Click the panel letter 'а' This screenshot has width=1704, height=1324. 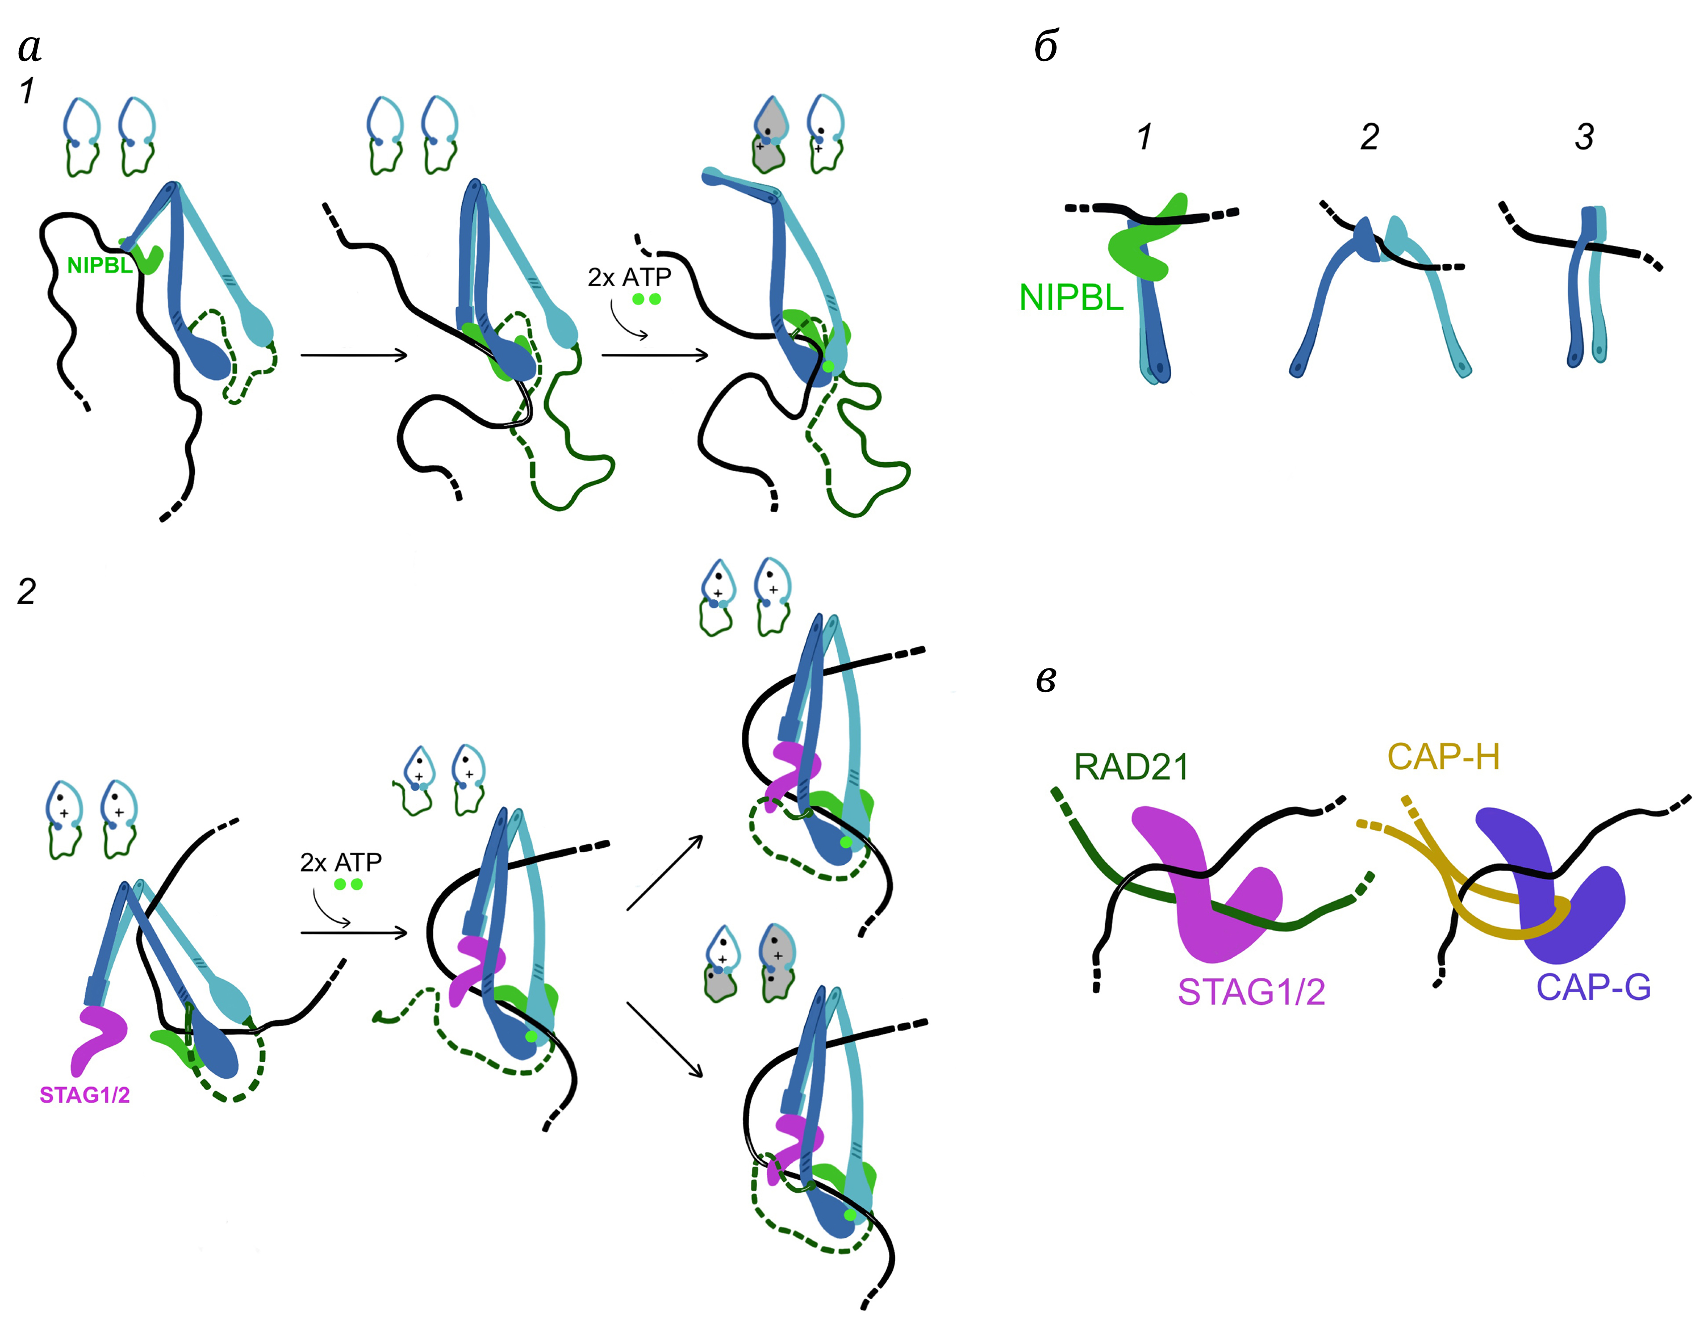pyautogui.click(x=30, y=48)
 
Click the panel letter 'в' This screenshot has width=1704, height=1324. pyautogui.click(x=1046, y=680)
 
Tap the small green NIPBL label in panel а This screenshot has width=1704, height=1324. pyautogui.click(x=99, y=266)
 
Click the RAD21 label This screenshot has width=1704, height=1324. pyautogui.click(x=1131, y=767)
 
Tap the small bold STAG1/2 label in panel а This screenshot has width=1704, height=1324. pyautogui.click(x=84, y=1096)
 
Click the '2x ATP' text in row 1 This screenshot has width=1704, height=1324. pyautogui.click(x=629, y=278)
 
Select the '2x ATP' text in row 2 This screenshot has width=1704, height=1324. pyautogui.click(x=341, y=862)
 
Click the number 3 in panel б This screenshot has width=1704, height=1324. pyautogui.click(x=1584, y=137)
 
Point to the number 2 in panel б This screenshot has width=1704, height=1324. pyautogui.click(x=1369, y=137)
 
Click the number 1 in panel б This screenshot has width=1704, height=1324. pyautogui.click(x=1144, y=137)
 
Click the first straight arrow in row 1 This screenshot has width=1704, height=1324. pyautogui.click(x=354, y=355)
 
